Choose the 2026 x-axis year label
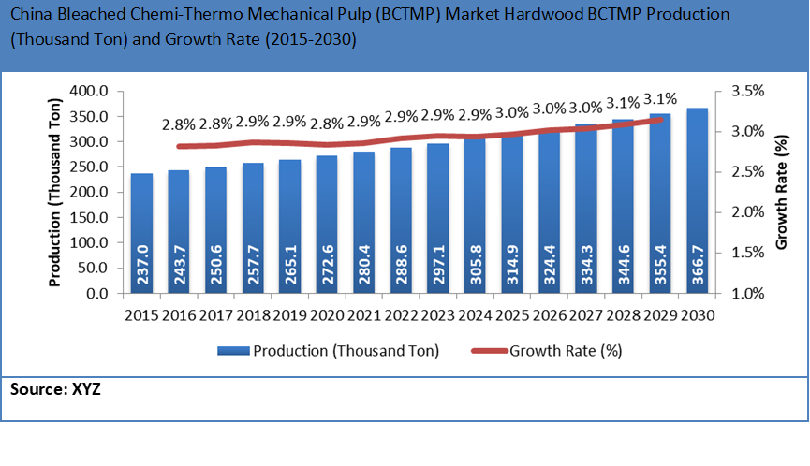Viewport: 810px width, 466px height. coord(549,315)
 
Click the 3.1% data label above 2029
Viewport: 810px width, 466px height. coord(659,100)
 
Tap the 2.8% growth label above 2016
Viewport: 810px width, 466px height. coord(179,124)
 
